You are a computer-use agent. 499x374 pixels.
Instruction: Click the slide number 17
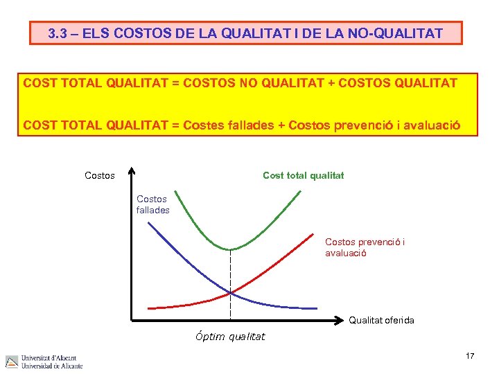click(x=470, y=356)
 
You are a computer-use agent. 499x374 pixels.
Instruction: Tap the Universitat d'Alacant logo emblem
click(x=12, y=362)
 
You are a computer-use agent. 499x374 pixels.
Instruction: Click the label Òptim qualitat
click(x=229, y=337)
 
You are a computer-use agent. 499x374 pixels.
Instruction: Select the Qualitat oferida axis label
click(x=381, y=320)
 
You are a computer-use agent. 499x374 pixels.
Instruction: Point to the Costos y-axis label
click(x=99, y=176)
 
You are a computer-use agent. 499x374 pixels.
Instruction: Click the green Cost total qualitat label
click(x=303, y=176)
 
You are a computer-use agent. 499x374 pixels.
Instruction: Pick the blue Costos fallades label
click(x=152, y=204)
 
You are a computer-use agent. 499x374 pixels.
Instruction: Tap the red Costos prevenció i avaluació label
click(x=365, y=247)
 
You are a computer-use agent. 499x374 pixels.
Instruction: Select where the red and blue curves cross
click(x=231, y=293)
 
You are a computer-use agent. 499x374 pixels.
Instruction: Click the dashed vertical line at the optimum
click(x=230, y=277)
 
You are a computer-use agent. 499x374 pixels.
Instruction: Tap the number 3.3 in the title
click(x=60, y=33)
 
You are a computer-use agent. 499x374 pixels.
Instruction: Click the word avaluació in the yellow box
click(x=430, y=125)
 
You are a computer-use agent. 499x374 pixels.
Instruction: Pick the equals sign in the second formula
click(x=175, y=125)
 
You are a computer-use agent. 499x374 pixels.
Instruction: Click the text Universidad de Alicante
click(x=52, y=366)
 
